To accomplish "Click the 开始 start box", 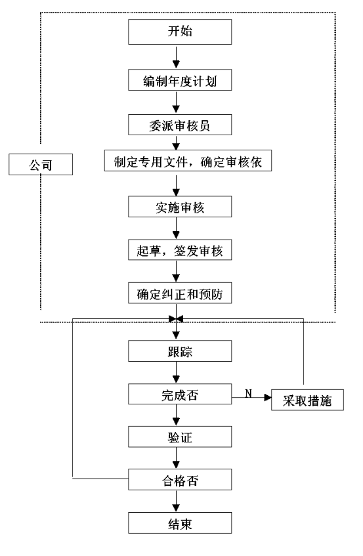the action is point(180,32).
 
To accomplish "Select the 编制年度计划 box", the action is point(180,80).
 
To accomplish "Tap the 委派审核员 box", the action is point(180,125).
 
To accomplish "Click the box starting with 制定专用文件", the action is point(188,161).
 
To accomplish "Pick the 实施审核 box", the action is point(180,206).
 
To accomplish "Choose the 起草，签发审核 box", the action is point(180,250).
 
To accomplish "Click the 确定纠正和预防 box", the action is point(180,293).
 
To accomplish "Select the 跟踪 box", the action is point(180,351).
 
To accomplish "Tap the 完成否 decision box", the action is point(180,394).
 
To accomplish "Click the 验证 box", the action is point(180,437).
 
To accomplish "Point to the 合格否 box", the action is point(180,479).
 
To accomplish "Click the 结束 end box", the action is point(180,523).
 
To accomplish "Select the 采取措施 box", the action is point(307,400).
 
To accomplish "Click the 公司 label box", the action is point(41,164).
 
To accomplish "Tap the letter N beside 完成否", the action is point(249,393).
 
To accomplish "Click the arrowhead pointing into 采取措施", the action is point(268,398).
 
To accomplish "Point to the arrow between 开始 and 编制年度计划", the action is point(176,56).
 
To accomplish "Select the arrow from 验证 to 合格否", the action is point(176,458).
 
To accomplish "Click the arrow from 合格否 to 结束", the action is point(176,501).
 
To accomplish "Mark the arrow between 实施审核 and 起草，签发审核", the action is point(176,228).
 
